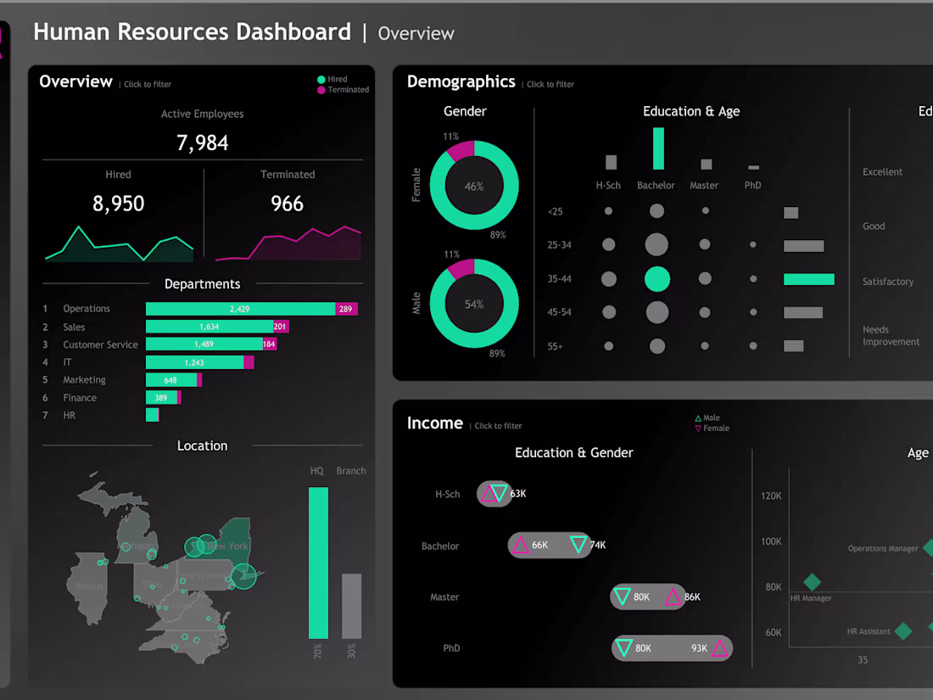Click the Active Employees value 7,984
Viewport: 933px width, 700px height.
pos(203,143)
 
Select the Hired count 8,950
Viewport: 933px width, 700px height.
pos(118,204)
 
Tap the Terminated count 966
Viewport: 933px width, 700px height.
pos(287,204)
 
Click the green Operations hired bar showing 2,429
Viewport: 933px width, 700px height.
pos(240,309)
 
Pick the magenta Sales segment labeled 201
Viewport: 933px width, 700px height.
pos(281,327)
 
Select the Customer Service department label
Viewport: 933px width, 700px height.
pos(100,344)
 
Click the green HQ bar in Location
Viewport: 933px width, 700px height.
pos(318,562)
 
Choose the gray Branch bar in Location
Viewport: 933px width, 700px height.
pos(351,606)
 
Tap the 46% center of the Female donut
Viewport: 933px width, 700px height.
pos(474,187)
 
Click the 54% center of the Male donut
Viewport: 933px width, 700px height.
pos(474,304)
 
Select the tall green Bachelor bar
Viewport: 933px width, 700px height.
pos(658,148)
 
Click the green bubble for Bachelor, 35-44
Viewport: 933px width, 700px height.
pos(657,279)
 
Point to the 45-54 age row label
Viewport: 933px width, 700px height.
pos(560,312)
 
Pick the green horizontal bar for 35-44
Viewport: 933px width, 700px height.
pos(808,279)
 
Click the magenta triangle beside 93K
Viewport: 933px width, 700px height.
pos(720,649)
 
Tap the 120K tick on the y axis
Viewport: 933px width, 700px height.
pos(771,496)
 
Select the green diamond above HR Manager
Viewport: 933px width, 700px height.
pos(812,582)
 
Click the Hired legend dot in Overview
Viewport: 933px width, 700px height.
pos(321,80)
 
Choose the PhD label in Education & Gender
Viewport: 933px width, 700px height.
pos(451,648)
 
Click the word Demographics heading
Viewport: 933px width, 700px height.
pos(461,81)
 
